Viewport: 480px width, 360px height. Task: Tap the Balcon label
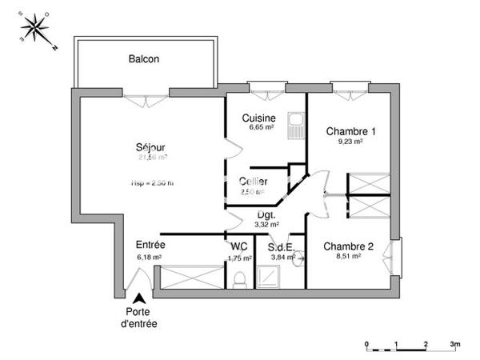tap(144, 59)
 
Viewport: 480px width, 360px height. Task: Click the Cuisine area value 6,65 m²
tap(261, 127)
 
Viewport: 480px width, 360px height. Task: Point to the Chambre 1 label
tap(350, 131)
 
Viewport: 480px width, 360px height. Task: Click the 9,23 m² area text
tap(350, 142)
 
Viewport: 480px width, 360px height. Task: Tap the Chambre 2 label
tap(348, 246)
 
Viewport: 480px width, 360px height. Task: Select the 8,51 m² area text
tap(348, 258)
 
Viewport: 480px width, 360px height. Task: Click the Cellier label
tap(254, 181)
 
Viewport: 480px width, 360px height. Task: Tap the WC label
tap(238, 246)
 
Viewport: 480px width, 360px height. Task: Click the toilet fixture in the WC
tap(238, 278)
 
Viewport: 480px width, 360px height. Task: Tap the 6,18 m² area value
tap(150, 258)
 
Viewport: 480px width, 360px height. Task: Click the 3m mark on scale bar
tap(454, 343)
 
